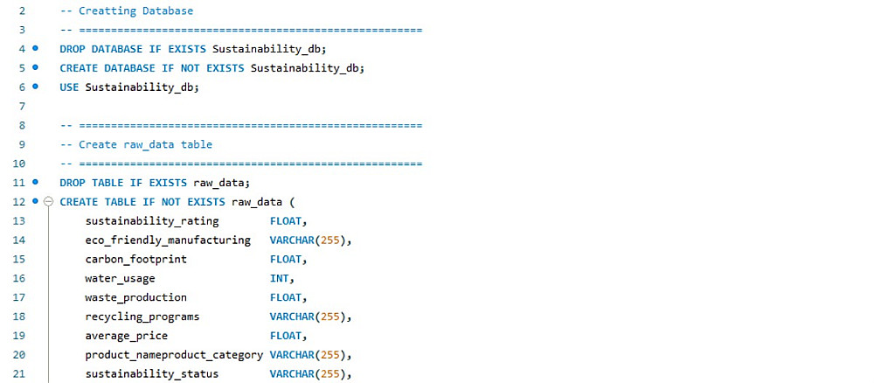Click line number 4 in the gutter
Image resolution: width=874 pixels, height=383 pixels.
pyautogui.click(x=20, y=49)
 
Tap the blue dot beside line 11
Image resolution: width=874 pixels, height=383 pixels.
pyautogui.click(x=35, y=183)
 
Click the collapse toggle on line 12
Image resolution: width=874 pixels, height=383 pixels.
pyautogui.click(x=49, y=202)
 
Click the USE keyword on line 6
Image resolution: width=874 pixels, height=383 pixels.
pyautogui.click(x=69, y=87)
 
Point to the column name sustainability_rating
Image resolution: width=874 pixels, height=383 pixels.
pyautogui.click(x=151, y=221)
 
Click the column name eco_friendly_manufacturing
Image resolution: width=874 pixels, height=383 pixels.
pyautogui.click(x=167, y=240)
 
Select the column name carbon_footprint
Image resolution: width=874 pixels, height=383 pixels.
pyautogui.click(x=135, y=260)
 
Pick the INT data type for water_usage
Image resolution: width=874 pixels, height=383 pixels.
pyautogui.click(x=279, y=279)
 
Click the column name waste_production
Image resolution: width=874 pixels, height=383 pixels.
pyautogui.click(x=135, y=298)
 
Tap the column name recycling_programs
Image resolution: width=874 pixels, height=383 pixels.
pyautogui.click(x=142, y=317)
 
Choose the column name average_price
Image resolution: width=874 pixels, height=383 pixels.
pyautogui.click(x=126, y=336)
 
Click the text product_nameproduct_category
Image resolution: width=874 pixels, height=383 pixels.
pyautogui.click(x=173, y=355)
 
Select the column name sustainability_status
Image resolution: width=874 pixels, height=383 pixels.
pyautogui.click(x=151, y=374)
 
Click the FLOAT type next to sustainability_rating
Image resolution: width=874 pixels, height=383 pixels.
pyautogui.click(x=286, y=221)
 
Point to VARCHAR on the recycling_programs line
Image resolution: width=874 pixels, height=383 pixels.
pyautogui.click(x=292, y=317)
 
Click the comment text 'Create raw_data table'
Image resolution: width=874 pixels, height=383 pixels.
pyautogui.click(x=145, y=144)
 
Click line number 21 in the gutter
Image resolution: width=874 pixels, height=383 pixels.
pyautogui.click(x=20, y=374)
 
